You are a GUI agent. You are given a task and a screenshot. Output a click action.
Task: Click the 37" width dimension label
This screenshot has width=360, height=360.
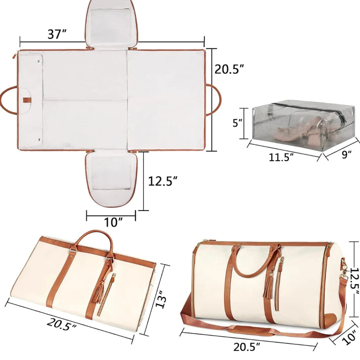(x=57, y=35)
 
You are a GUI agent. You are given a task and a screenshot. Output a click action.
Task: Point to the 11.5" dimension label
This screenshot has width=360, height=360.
(x=281, y=157)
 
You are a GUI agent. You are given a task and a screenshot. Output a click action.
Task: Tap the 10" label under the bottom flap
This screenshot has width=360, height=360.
(x=112, y=221)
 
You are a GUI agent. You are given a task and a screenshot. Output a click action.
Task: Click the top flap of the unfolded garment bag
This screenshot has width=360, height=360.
(x=112, y=23)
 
